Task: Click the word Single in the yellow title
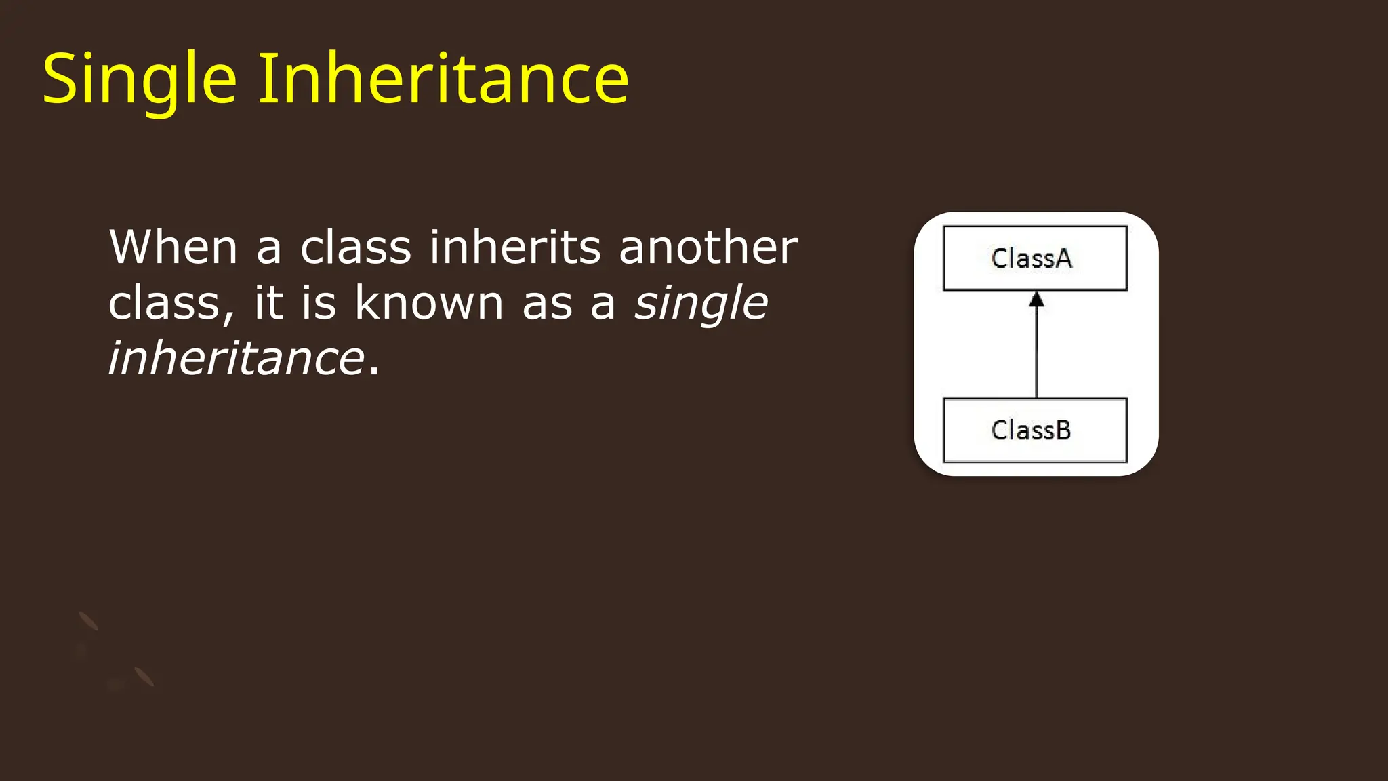[139, 80]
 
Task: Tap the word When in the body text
[173, 247]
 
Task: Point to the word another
[708, 247]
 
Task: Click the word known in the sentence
[429, 302]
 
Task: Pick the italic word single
[701, 304]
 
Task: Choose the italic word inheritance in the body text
[237, 359]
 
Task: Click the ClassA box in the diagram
[1035, 258]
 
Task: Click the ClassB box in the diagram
[1035, 430]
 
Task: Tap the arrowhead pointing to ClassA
[1036, 300]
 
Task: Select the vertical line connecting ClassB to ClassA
[1036, 353]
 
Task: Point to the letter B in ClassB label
[1063, 430]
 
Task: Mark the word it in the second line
[269, 302]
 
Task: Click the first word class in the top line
[355, 247]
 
